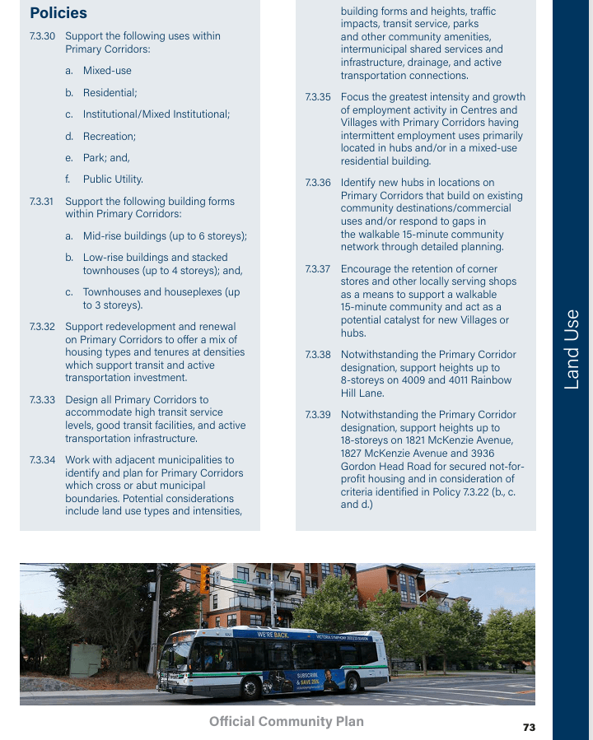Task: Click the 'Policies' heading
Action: pyautogui.click(x=58, y=13)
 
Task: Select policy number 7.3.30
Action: pyautogui.click(x=42, y=36)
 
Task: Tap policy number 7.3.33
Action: pyautogui.click(x=42, y=400)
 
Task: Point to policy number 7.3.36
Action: pyautogui.click(x=318, y=183)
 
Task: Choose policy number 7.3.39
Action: pyautogui.click(x=318, y=415)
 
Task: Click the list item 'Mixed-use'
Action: pyautogui.click(x=107, y=71)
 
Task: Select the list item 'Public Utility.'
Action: pyautogui.click(x=113, y=179)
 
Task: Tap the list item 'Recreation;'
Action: pyautogui.click(x=110, y=136)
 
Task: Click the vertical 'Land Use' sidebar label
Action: pyautogui.click(x=572, y=348)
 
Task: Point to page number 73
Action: pyautogui.click(x=529, y=727)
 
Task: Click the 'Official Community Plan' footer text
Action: pyautogui.click(x=286, y=721)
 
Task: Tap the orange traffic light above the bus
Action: pyautogui.click(x=204, y=579)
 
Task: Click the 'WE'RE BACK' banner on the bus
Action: pyautogui.click(x=273, y=635)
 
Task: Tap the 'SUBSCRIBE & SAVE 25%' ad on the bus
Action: pyautogui.click(x=309, y=680)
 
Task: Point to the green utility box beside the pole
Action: pyautogui.click(x=86, y=659)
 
